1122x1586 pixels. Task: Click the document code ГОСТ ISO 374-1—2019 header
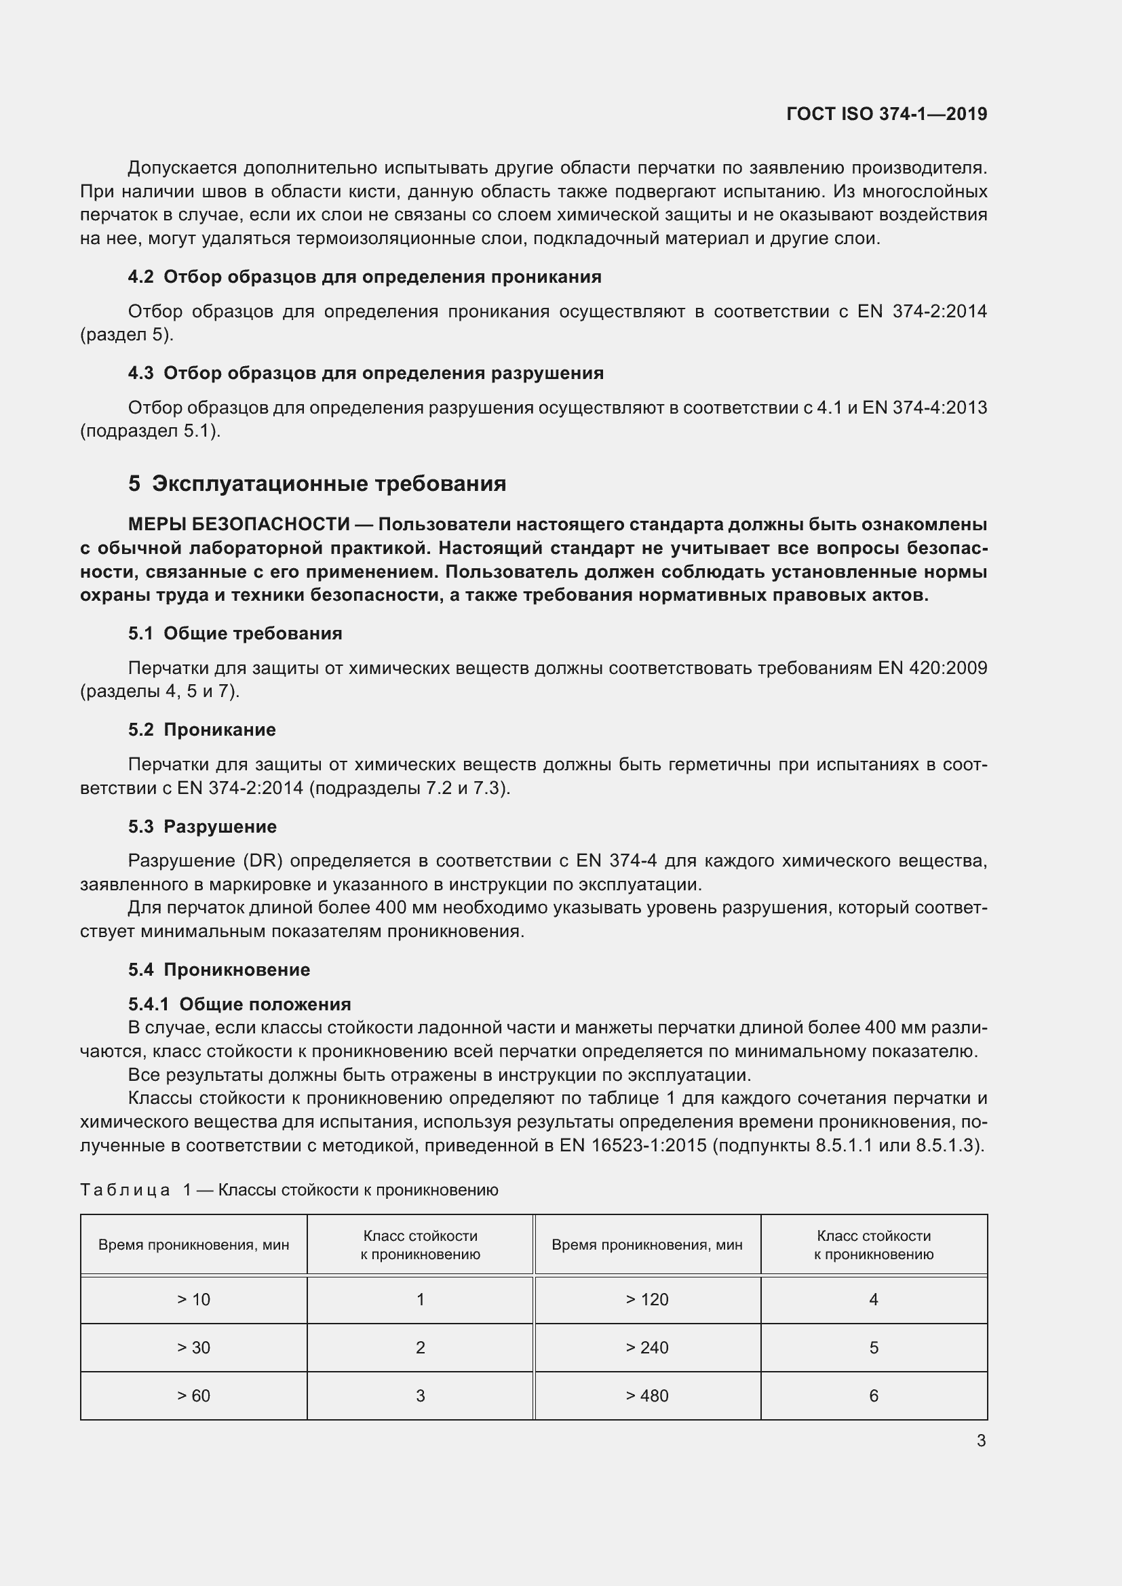[x=887, y=114]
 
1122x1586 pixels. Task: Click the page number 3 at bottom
[x=980, y=1440]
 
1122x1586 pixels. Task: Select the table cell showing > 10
[x=193, y=1299]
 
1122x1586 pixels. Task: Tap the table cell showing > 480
[x=646, y=1395]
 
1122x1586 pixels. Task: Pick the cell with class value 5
[x=873, y=1347]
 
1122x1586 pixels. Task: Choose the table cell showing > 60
[x=193, y=1395]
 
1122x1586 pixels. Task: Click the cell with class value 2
[x=420, y=1347]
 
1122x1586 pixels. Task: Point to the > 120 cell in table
[x=646, y=1299]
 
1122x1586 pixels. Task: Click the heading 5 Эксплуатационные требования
[x=317, y=483]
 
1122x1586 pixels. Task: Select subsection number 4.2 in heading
[x=140, y=277]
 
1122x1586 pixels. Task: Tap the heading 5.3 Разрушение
[x=201, y=826]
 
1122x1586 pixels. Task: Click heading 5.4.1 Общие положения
[x=239, y=1004]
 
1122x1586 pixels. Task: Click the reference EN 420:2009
[x=932, y=668]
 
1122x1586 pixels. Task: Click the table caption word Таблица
[x=125, y=1189]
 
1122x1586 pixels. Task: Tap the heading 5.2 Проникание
[x=201, y=730]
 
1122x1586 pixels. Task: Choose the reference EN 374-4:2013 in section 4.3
[x=925, y=408]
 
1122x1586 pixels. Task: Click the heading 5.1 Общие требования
[x=235, y=633]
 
